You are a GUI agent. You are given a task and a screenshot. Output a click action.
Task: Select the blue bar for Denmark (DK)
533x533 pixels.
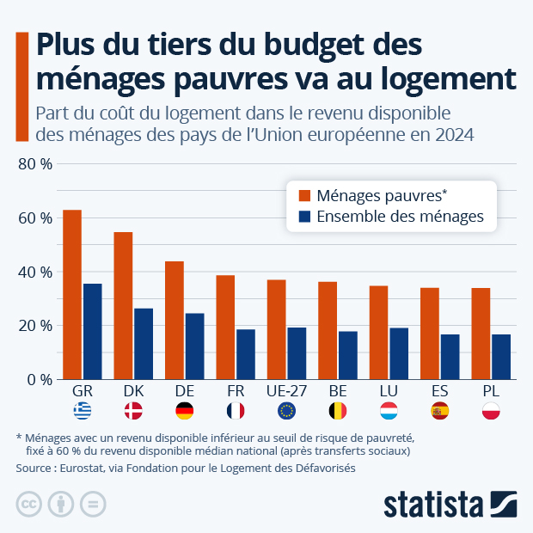coord(144,344)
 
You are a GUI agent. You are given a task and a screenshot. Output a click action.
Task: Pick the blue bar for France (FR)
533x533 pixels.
coord(246,354)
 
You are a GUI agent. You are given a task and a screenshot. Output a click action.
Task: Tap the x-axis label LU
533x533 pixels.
coord(389,391)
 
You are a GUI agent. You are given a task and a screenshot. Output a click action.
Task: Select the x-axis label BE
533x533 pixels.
coord(338,391)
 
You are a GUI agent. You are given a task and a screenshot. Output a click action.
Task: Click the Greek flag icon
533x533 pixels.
coord(83,411)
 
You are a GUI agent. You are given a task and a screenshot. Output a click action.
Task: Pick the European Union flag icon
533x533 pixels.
coord(286,411)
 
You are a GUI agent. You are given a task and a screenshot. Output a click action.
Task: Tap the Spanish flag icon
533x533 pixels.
coord(439,411)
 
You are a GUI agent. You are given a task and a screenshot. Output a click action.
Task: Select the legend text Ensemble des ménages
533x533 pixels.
coord(400,217)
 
